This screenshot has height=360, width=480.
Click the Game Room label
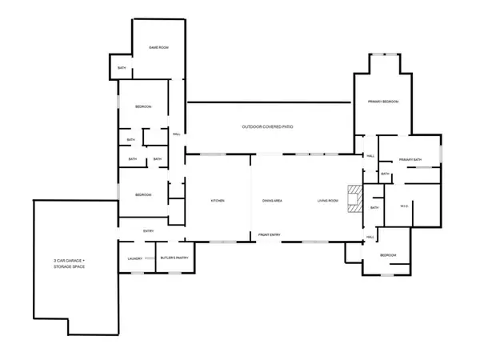click(158, 49)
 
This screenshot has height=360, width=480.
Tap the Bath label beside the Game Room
click(122, 68)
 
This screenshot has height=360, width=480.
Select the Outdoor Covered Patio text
click(269, 127)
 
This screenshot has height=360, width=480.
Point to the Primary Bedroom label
click(383, 102)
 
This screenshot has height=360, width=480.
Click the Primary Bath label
click(410, 160)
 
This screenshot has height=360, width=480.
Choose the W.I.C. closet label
click(405, 206)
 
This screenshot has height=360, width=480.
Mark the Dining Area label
click(272, 200)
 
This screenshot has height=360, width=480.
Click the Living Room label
click(328, 200)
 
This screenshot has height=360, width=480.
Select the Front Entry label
click(269, 234)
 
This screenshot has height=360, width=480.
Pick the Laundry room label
click(135, 258)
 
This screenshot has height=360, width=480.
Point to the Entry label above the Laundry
click(148, 231)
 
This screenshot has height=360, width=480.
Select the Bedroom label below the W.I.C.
click(386, 256)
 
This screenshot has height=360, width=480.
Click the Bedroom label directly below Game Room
click(143, 106)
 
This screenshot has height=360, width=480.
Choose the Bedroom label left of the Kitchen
click(143, 195)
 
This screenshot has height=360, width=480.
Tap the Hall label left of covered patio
click(176, 134)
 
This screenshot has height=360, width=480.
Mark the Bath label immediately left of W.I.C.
click(374, 209)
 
